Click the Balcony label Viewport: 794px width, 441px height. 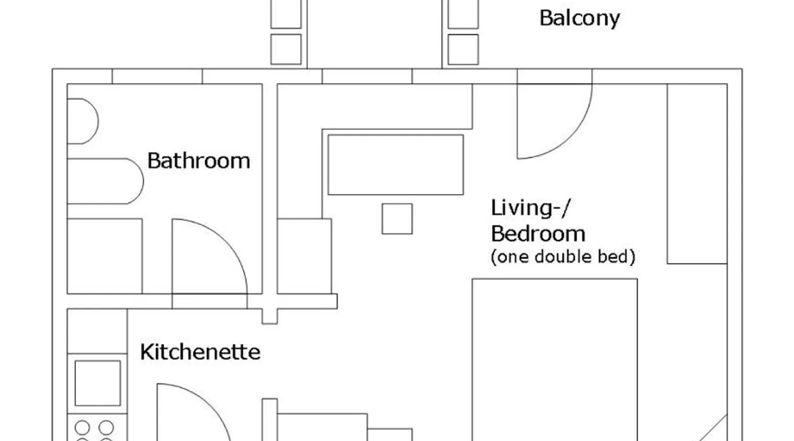580,19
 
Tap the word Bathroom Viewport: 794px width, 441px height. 198,161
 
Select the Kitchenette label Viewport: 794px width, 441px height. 200,352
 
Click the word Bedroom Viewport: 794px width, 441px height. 538,233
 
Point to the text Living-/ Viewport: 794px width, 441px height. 531,208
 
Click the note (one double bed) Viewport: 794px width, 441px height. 563,257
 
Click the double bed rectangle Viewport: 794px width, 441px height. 555,359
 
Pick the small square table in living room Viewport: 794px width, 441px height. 397,219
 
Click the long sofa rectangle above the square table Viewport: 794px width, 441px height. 396,165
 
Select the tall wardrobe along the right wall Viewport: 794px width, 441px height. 697,174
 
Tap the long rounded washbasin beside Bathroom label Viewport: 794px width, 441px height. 105,181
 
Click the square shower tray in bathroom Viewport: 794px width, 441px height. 105,256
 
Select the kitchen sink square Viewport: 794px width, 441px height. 97,383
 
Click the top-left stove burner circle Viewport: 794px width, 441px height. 82,427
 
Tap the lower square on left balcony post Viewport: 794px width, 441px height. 286,49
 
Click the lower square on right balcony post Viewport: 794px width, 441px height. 463,49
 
